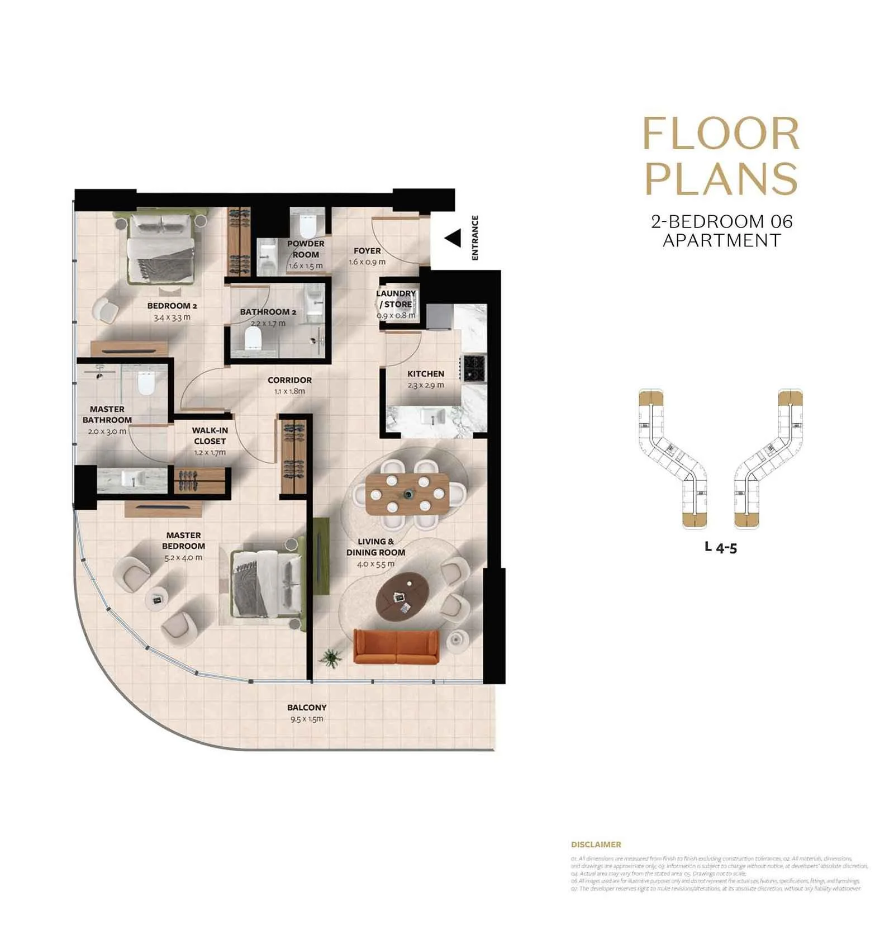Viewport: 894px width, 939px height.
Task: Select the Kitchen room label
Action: coord(426,374)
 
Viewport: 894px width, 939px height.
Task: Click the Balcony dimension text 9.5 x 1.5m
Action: coord(307,719)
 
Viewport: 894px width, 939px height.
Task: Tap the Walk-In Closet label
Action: coord(210,435)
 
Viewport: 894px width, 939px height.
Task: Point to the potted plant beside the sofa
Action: coord(332,658)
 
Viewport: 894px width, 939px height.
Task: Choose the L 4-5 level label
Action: coord(721,547)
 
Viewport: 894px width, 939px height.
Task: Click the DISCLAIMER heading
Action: coord(596,845)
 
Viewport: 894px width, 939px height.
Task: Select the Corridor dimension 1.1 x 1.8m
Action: coord(289,391)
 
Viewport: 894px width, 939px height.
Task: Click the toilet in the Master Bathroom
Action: coord(146,383)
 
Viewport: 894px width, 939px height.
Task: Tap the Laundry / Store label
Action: coord(396,299)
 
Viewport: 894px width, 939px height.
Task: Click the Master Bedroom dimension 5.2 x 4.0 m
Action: coord(183,557)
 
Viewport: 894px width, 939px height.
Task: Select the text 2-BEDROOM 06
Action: coord(721,221)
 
